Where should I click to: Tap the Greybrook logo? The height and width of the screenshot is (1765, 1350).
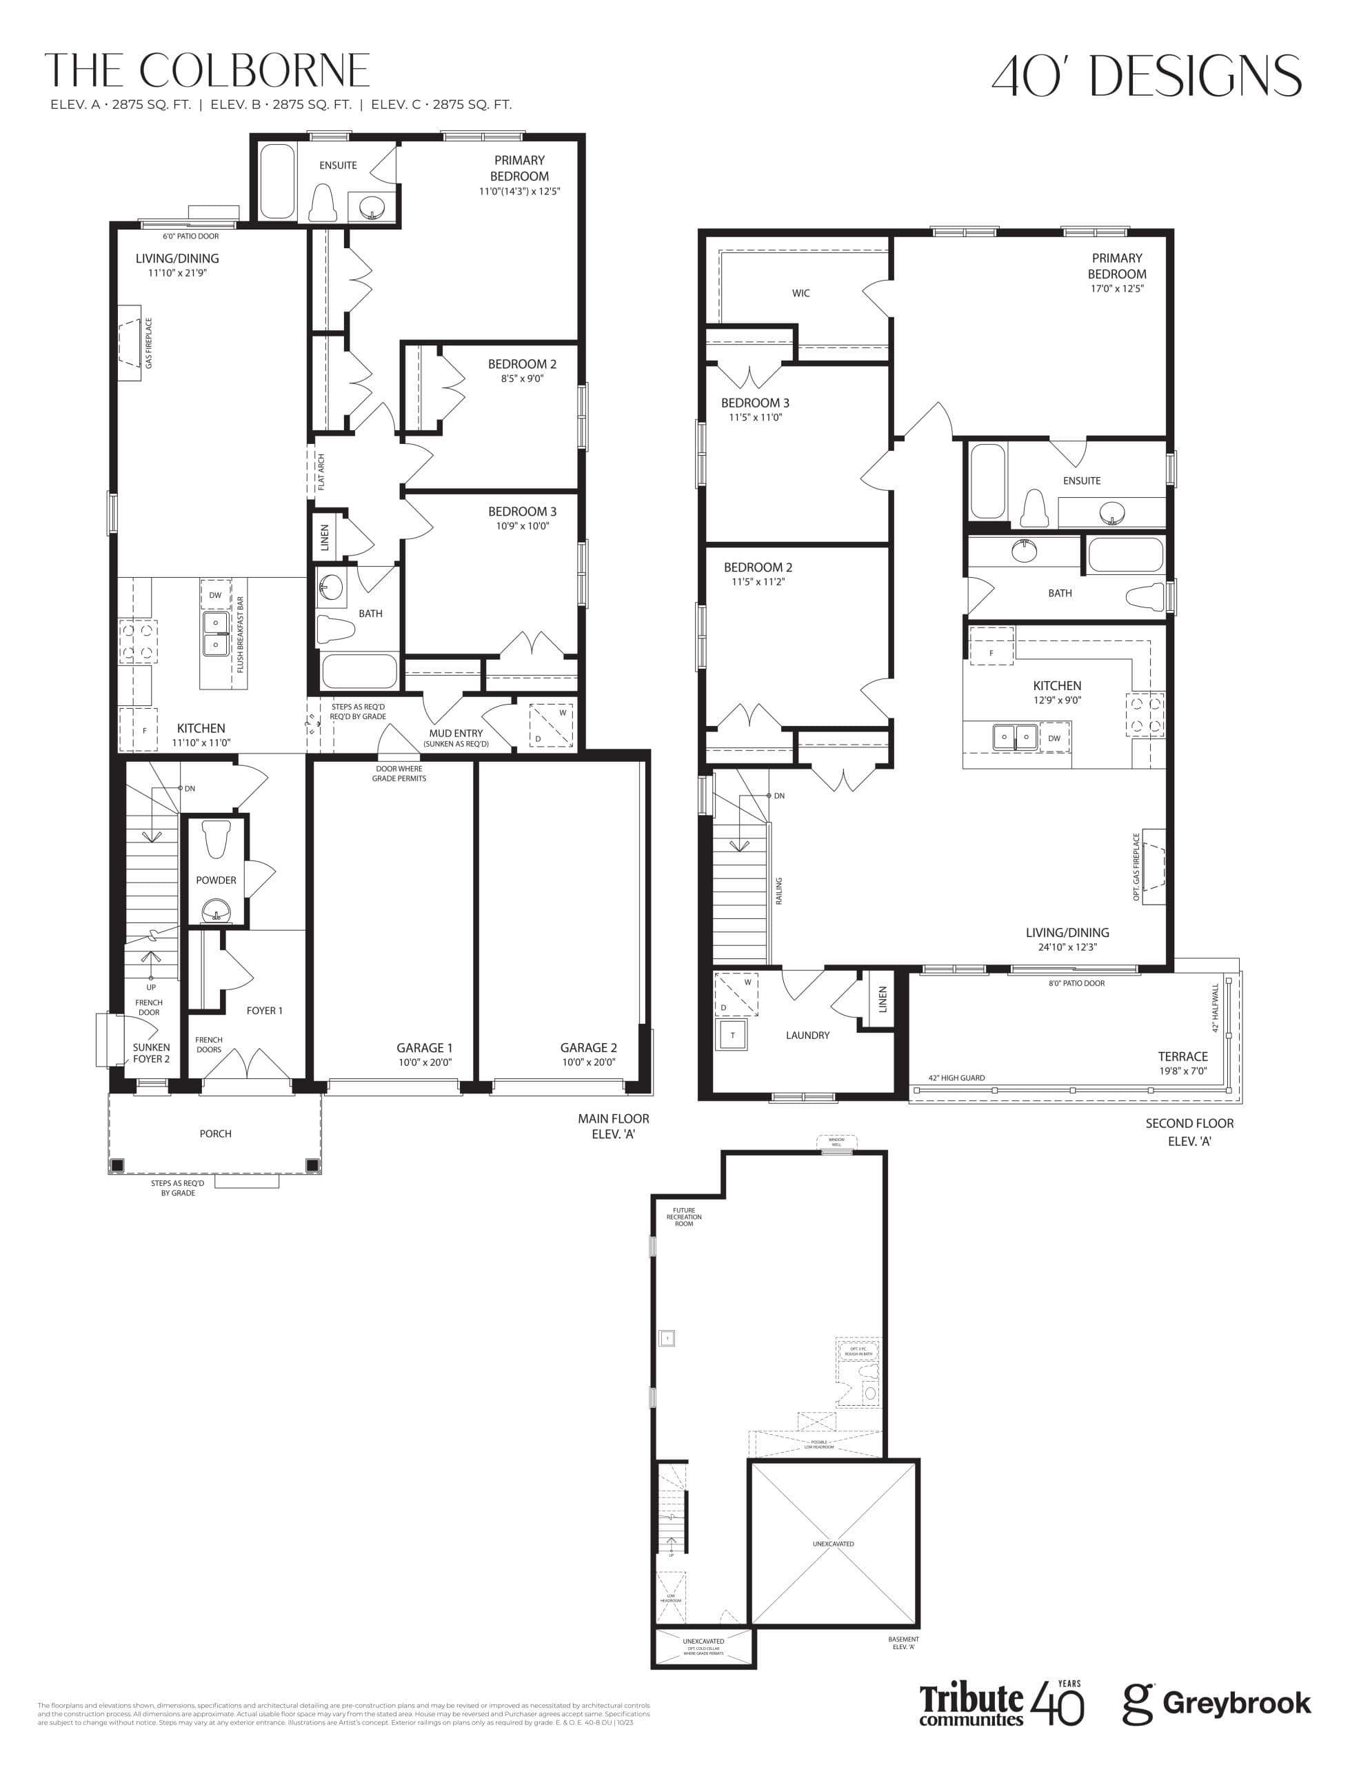coord(1217,1702)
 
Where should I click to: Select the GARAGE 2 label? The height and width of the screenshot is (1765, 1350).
coord(588,1047)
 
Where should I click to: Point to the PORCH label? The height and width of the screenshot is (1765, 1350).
coord(215,1133)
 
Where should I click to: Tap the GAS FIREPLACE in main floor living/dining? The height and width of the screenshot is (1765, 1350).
coord(130,343)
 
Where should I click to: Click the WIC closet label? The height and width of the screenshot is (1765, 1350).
coord(800,293)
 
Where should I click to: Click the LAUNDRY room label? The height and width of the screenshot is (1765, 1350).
coord(807,1036)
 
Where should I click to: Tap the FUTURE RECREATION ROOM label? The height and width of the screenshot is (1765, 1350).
coord(684,1217)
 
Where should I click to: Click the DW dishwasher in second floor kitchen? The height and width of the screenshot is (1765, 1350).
coord(1054,738)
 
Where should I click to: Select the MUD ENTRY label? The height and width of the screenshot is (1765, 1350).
coord(456,734)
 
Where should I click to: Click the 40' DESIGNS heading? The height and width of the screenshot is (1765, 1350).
coord(1146,76)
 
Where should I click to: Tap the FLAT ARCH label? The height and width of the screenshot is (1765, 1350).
coord(321,472)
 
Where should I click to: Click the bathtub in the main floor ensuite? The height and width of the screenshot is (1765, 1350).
coord(277,181)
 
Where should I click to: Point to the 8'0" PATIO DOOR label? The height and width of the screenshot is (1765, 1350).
coord(1076,983)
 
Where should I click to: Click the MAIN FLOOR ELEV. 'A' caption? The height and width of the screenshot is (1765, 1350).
coord(613,1125)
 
